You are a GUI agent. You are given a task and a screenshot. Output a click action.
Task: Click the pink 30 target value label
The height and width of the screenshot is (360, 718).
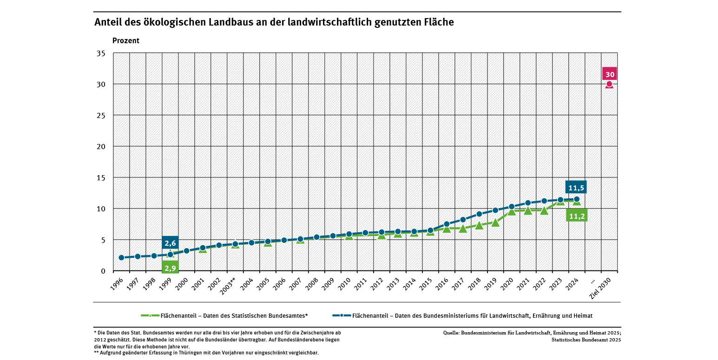pos(610,74)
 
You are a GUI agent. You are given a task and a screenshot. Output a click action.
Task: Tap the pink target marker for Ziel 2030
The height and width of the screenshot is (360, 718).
pos(610,84)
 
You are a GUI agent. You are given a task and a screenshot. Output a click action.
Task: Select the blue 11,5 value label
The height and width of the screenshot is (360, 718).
pos(576,188)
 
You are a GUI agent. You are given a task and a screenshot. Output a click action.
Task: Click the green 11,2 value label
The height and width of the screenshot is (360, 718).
pos(577,216)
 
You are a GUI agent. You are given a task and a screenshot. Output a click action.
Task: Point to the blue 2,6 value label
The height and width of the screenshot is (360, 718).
pos(170,243)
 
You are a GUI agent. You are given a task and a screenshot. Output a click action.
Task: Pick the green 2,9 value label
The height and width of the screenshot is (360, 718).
pos(170,268)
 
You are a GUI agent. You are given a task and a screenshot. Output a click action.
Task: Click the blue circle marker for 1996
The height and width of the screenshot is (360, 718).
pos(121,257)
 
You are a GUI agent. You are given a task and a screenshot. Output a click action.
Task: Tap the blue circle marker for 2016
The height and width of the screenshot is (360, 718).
pos(447,224)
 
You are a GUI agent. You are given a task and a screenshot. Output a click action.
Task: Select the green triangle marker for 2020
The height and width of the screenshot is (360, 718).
pos(512,211)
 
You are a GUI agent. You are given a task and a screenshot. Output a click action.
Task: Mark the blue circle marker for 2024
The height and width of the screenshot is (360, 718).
pos(577,199)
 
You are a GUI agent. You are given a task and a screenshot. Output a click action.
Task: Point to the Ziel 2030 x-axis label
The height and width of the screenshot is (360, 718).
pos(604,288)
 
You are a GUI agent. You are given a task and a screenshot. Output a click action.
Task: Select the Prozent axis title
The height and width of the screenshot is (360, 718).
pos(126,40)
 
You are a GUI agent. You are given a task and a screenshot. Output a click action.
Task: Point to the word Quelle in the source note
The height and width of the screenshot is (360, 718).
pos(451,333)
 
